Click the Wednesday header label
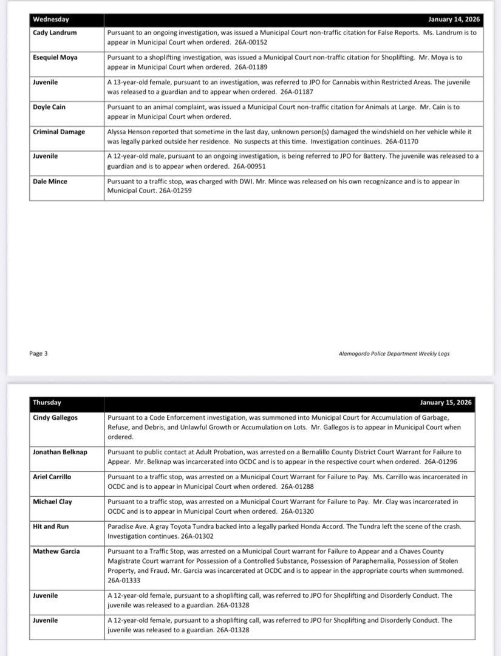coord(51,19)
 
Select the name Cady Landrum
coord(55,32)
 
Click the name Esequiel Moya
coord(55,57)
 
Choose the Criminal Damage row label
coord(59,132)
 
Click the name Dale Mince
coord(50,181)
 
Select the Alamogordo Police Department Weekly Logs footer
coord(394,354)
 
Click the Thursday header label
coord(47,403)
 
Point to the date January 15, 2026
coord(446,403)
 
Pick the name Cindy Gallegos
coord(55,417)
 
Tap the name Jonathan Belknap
coord(60,452)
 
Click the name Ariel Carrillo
coord(52,477)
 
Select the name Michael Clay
coord(52,502)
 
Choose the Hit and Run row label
coord(51,527)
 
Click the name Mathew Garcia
coord(56,551)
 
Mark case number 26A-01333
coord(124,581)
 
